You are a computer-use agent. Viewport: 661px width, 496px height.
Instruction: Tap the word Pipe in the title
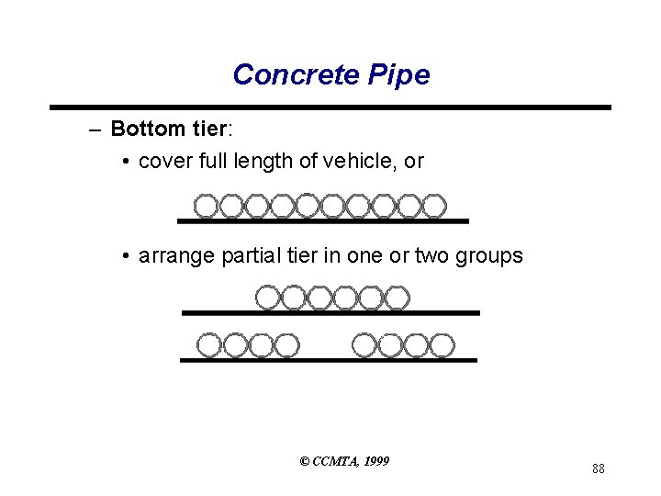pos(397,74)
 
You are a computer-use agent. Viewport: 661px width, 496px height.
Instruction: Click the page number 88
pos(598,469)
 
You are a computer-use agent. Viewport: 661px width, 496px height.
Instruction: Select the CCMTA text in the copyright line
pos(335,461)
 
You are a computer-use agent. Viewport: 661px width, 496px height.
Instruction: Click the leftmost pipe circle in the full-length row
pos(207,206)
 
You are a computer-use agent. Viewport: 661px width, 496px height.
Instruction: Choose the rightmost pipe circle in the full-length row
pos(434,206)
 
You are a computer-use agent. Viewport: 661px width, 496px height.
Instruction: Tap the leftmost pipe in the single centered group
pos(266,298)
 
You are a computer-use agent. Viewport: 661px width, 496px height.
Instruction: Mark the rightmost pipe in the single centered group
pos(397,298)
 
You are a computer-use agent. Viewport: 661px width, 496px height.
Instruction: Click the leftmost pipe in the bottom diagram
pos(210,345)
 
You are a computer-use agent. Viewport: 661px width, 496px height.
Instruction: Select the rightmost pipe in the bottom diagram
pos(443,345)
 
